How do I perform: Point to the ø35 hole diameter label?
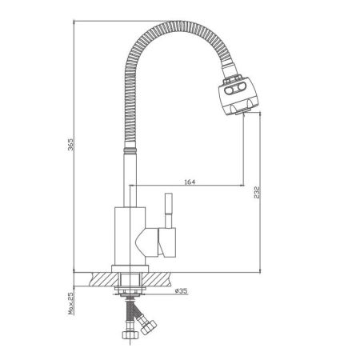tap(181, 291)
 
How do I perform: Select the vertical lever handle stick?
tap(169, 209)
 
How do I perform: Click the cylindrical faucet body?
tap(129, 236)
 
